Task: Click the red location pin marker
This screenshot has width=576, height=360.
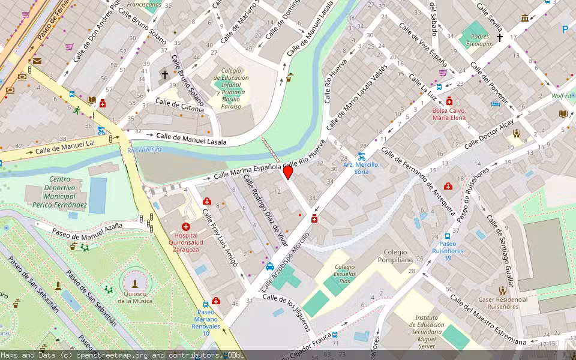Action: click(x=288, y=172)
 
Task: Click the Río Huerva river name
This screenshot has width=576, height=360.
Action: click(x=140, y=149)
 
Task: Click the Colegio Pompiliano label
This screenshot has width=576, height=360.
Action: click(x=395, y=256)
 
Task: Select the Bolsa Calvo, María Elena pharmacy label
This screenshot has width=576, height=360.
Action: click(x=449, y=114)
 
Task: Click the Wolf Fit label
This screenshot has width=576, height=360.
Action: click(x=562, y=95)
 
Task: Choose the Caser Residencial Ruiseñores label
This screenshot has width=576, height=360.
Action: click(x=503, y=303)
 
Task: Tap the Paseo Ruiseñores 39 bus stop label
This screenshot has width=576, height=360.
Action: click(x=447, y=251)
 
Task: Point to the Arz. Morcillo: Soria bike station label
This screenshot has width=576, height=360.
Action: click(x=361, y=168)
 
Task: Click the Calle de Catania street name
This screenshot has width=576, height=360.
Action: click(x=179, y=106)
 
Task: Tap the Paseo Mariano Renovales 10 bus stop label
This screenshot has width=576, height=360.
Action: click(x=205, y=323)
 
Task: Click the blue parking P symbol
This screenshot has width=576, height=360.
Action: click(x=565, y=29)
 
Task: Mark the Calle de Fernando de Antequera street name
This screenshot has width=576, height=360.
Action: click(x=418, y=180)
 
